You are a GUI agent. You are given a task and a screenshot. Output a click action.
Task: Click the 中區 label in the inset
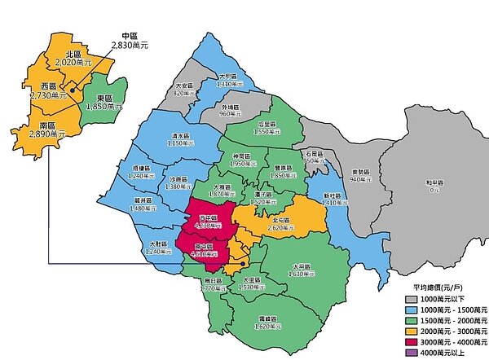pos(130,37)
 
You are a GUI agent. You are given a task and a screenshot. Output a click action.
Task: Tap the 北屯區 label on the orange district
pos(282,218)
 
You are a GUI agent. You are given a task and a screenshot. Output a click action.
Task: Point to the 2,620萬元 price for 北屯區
pos(282,227)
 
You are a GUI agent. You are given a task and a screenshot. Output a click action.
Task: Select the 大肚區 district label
pos(159,244)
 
